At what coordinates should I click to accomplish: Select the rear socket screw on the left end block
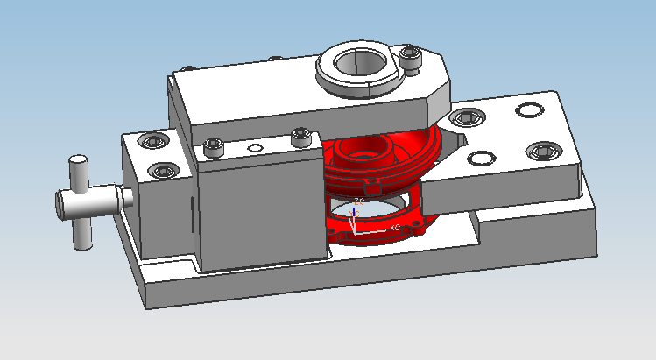point(155,142)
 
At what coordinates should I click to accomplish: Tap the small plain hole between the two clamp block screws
point(255,148)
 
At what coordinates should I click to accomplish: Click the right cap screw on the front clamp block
point(300,137)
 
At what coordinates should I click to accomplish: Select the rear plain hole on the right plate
point(528,110)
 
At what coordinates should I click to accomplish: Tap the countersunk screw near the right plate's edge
point(542,152)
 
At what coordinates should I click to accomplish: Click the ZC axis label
point(359,201)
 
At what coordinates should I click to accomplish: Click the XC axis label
point(395,228)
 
